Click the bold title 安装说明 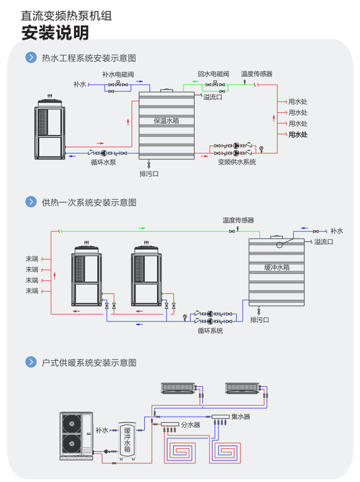(55, 33)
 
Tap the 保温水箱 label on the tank (166, 121)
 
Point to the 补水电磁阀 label (118, 75)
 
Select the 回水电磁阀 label (213, 74)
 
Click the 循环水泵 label (103, 162)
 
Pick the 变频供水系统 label (237, 162)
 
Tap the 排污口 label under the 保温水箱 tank (149, 174)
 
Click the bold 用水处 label (298, 135)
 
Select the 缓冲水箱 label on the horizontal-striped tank (277, 267)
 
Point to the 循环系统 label (210, 331)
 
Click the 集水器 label (241, 417)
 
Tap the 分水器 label (190, 425)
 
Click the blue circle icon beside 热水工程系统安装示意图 (31, 58)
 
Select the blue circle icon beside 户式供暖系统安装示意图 (31, 362)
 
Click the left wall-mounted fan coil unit (178, 388)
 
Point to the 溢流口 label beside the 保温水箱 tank (213, 97)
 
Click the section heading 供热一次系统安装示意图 (89, 202)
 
